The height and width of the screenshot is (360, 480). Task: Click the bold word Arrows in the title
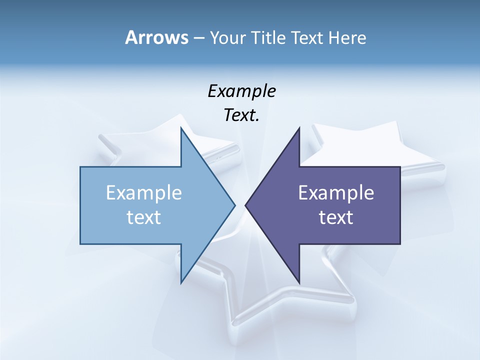coord(156,37)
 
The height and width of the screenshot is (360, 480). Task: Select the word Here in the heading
coord(347,37)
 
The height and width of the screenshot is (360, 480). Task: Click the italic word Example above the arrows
coord(241,91)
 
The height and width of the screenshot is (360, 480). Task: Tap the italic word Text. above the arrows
coord(241,115)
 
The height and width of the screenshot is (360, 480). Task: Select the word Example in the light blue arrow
coord(143,192)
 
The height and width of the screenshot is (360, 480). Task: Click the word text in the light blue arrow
coord(143,217)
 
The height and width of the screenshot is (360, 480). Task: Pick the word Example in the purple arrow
coord(336,192)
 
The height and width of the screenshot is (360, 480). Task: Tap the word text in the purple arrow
coord(336,217)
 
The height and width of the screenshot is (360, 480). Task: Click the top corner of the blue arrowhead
coord(181,128)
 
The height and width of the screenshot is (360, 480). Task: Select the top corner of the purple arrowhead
coord(299,128)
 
